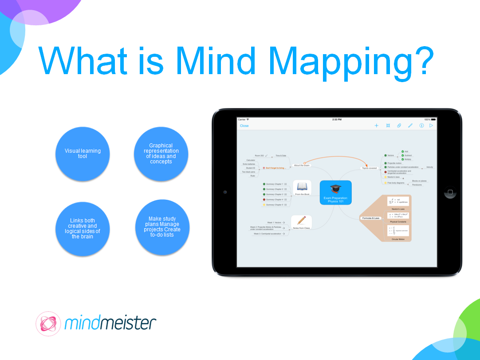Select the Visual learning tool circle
(x=83, y=154)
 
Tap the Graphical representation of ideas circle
(x=161, y=154)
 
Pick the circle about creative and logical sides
(x=83, y=228)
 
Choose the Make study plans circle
(x=162, y=227)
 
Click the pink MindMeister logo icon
(x=48, y=324)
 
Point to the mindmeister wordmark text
(x=110, y=323)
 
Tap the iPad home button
(x=450, y=193)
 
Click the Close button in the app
(x=244, y=126)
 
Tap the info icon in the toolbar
(x=421, y=126)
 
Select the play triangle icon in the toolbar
(x=431, y=126)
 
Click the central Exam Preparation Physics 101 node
(x=335, y=193)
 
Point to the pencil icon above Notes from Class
(x=302, y=220)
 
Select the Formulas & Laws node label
(x=370, y=218)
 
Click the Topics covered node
(x=370, y=168)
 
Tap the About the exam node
(x=302, y=165)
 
